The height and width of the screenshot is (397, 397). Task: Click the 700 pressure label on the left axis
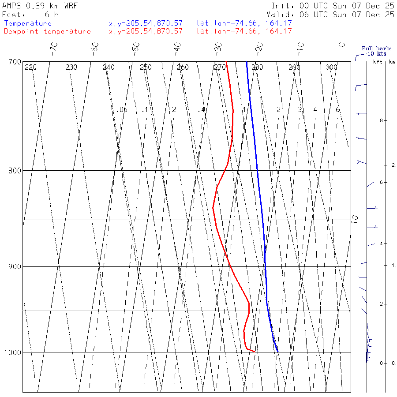click(x=15, y=62)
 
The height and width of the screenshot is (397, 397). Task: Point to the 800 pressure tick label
click(x=15, y=170)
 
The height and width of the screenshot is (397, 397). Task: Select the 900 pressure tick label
click(x=15, y=266)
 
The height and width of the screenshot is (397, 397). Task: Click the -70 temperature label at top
click(x=53, y=47)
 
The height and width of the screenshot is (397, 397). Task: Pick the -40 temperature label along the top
click(x=177, y=47)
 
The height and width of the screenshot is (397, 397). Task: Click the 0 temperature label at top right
click(x=341, y=45)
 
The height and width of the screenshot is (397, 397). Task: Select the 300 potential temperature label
click(x=331, y=67)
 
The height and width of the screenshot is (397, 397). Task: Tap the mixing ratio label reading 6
click(x=337, y=109)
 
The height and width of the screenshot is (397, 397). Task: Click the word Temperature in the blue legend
click(x=28, y=23)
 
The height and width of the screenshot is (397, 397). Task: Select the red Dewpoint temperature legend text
click(x=47, y=31)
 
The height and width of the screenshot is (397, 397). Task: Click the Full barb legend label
click(x=374, y=49)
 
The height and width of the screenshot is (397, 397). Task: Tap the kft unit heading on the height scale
click(x=378, y=62)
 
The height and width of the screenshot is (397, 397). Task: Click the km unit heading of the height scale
click(x=392, y=62)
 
